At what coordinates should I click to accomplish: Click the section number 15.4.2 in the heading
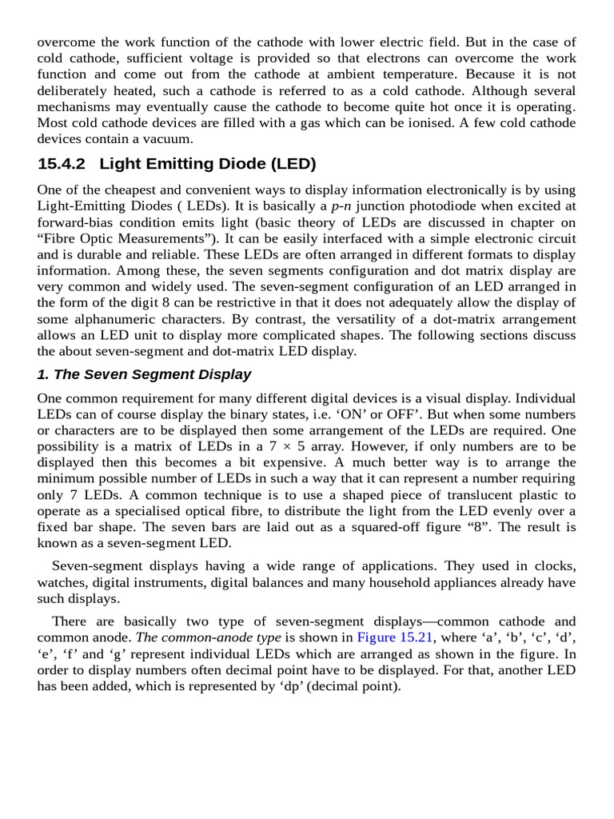pyautogui.click(x=63, y=164)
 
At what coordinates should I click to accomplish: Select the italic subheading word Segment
pyautogui.click(x=150, y=374)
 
